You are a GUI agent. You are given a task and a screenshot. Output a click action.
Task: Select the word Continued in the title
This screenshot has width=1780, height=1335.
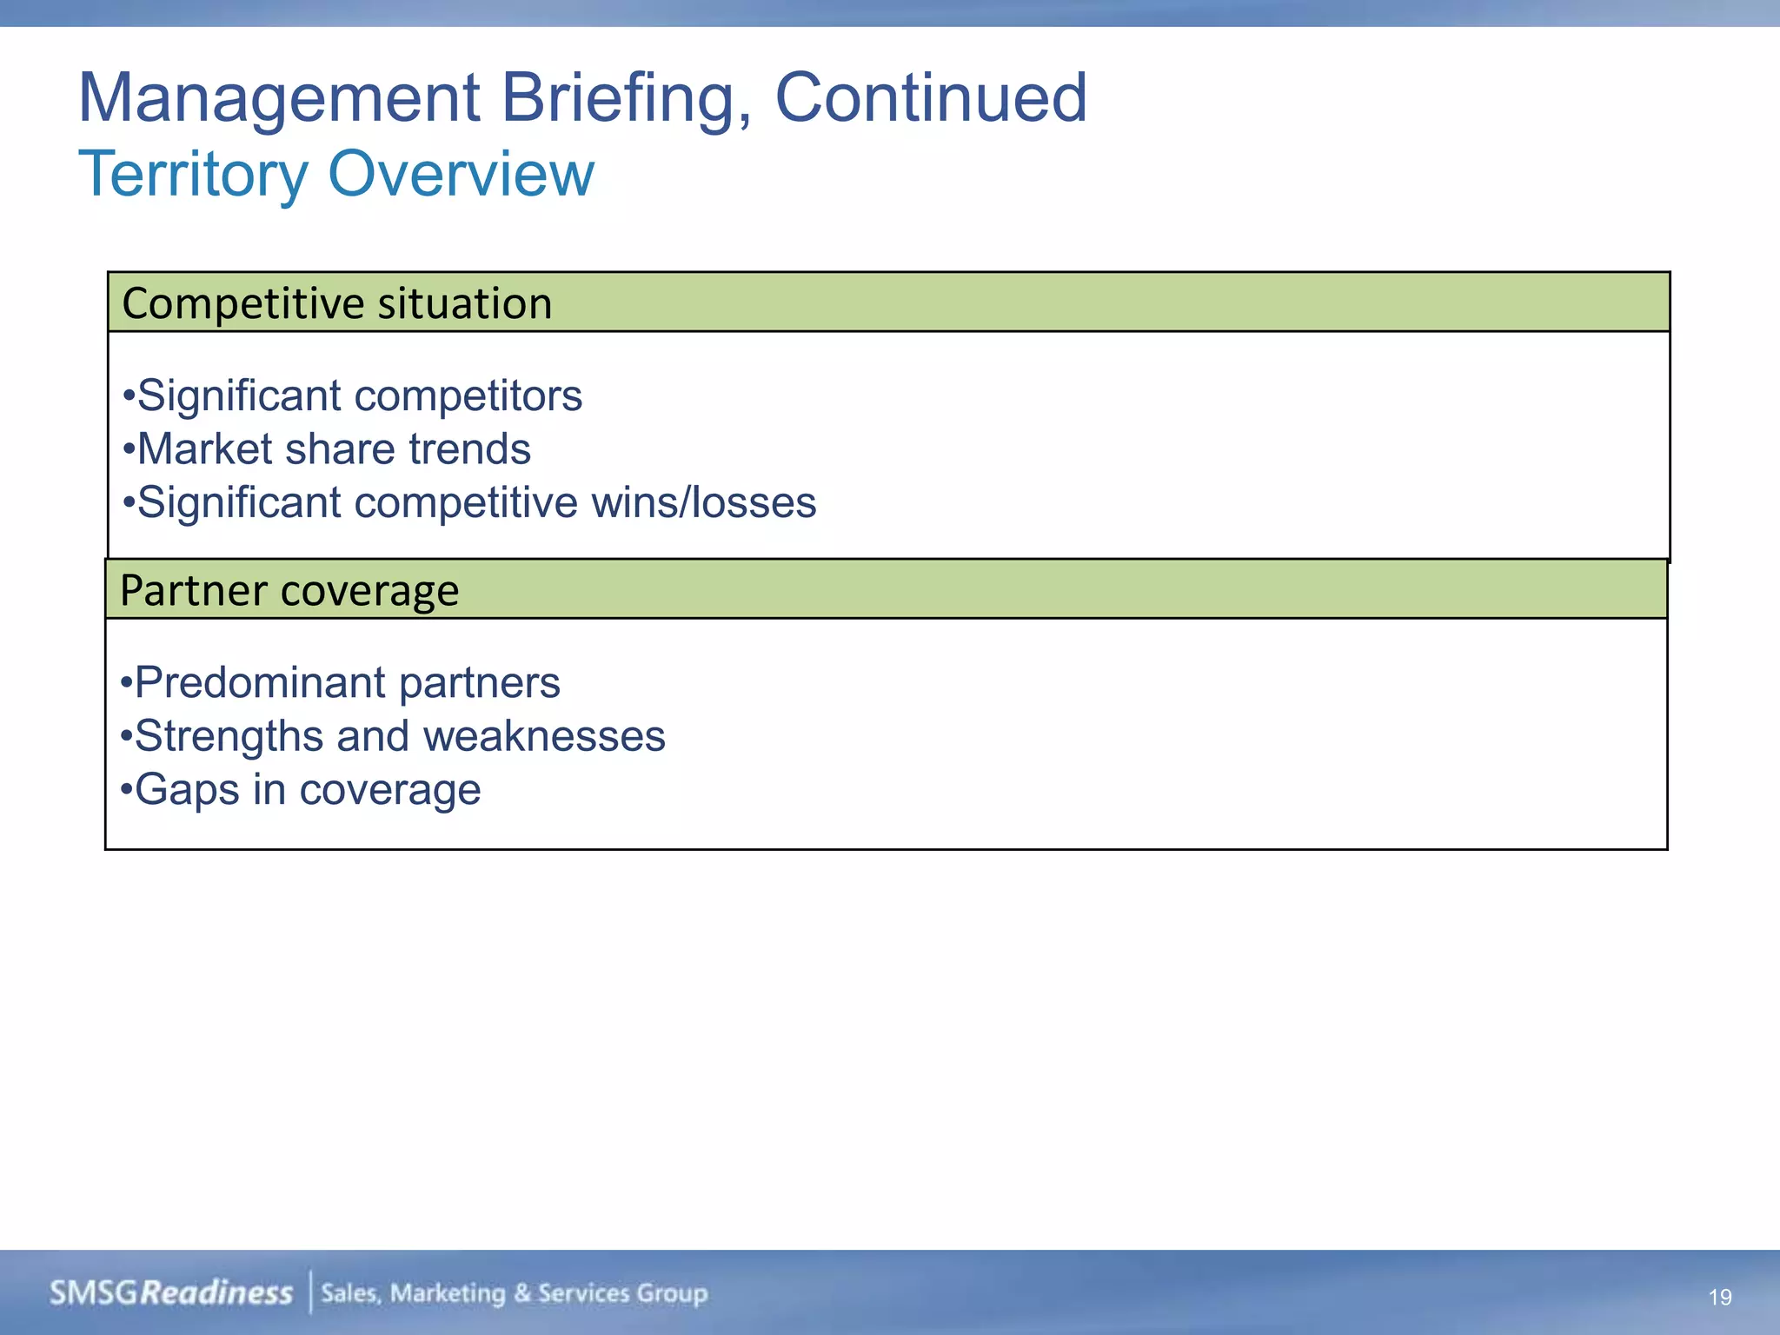click(x=930, y=98)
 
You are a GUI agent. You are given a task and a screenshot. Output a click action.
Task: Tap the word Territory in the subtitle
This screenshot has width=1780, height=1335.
click(x=193, y=175)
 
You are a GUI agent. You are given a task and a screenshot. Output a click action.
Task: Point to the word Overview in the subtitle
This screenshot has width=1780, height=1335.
click(x=462, y=175)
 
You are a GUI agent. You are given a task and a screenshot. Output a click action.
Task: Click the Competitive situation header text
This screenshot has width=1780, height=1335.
click(x=337, y=304)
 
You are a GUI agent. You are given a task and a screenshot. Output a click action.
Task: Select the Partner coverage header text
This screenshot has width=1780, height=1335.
click(x=289, y=591)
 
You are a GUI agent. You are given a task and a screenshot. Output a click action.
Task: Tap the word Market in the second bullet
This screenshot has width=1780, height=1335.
click(x=205, y=450)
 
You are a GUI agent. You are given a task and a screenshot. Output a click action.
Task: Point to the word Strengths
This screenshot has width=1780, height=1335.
click(x=229, y=737)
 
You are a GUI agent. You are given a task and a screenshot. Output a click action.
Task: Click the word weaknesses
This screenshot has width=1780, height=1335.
click(x=544, y=737)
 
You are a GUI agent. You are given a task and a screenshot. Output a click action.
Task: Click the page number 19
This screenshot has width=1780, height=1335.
click(x=1719, y=1298)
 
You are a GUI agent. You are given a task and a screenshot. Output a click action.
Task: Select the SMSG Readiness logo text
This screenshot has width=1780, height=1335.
click(x=171, y=1293)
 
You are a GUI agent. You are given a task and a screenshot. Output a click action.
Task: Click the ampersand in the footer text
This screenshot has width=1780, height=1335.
click(x=521, y=1293)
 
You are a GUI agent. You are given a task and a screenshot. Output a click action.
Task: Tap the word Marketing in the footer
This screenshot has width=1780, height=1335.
click(x=447, y=1293)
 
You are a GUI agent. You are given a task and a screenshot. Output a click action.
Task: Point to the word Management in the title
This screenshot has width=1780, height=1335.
click(x=279, y=98)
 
